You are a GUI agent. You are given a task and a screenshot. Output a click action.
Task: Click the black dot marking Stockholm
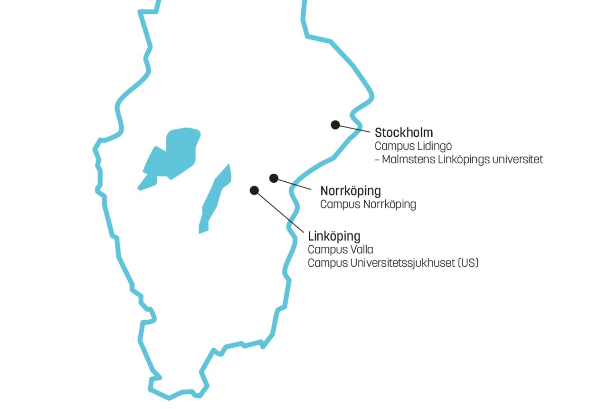click(335, 125)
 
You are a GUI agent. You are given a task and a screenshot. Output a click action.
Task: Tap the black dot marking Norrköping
click(274, 178)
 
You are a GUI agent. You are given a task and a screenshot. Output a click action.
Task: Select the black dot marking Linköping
click(254, 190)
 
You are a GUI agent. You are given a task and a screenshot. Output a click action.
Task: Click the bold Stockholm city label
click(404, 132)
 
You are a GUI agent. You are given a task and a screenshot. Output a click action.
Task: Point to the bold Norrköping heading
click(351, 191)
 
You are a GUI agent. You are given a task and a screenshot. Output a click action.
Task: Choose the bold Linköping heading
click(334, 236)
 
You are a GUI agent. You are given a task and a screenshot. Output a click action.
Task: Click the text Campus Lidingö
click(413, 146)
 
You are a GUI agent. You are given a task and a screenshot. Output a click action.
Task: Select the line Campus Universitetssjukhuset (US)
click(393, 263)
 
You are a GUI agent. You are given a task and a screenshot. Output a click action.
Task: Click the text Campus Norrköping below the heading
click(368, 204)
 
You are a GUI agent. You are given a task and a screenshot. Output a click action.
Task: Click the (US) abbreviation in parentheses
click(467, 263)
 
